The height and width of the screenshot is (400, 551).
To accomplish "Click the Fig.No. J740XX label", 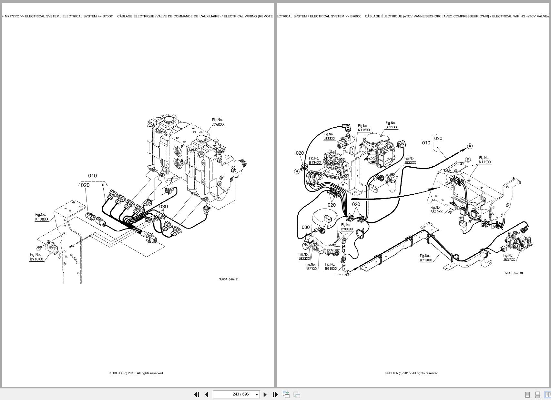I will point(218,122).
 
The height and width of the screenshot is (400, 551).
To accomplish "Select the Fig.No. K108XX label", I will point(41,217).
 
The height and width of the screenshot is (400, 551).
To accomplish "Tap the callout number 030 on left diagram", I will point(163,207).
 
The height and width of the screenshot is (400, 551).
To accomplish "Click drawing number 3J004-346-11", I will point(229,279).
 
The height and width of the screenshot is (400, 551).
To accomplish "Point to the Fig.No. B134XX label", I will point(315,161).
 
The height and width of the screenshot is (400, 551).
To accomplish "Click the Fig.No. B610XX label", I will point(436,210).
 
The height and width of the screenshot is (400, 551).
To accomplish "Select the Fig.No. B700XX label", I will point(347,227).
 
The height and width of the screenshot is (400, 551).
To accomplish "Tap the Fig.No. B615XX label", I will point(331,267).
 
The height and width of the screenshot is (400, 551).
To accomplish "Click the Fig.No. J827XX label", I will point(311,267).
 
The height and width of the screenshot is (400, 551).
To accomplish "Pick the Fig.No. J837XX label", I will point(509,258).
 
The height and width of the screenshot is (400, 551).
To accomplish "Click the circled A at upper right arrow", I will point(470,146).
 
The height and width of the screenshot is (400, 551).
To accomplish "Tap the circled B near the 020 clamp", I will point(297,172).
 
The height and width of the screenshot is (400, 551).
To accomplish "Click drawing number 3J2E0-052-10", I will point(514,273).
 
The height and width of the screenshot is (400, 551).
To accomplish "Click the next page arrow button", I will point(265,394).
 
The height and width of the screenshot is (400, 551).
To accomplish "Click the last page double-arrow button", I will point(275,394).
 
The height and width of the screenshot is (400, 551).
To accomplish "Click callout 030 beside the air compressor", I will point(305,227).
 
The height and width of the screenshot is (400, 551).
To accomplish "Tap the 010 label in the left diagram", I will point(92,176).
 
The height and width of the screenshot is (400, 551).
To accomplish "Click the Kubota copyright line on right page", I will point(412,373).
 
